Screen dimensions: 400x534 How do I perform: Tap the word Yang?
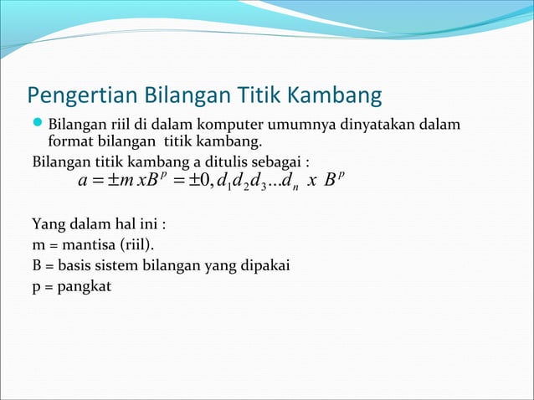point(46,225)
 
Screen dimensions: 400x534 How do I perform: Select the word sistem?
point(121,268)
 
